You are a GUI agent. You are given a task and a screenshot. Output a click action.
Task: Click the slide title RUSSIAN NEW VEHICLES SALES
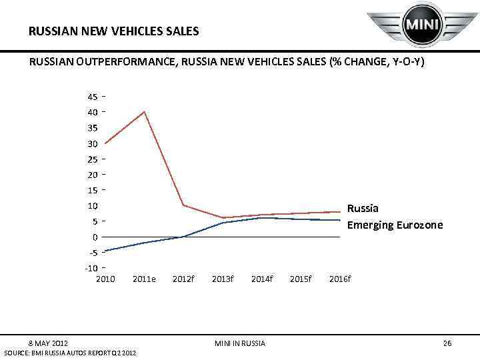click(x=114, y=31)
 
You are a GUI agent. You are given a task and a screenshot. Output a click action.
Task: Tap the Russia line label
click(x=363, y=208)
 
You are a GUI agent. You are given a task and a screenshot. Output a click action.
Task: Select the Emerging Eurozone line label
click(x=395, y=225)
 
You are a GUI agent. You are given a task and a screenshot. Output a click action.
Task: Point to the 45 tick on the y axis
click(x=92, y=96)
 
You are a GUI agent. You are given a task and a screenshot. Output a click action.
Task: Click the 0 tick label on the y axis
click(x=95, y=237)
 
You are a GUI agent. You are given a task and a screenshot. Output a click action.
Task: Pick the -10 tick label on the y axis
click(x=91, y=268)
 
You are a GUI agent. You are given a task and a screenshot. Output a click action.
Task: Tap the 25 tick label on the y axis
click(x=92, y=159)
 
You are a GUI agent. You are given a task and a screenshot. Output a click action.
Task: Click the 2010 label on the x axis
click(x=105, y=278)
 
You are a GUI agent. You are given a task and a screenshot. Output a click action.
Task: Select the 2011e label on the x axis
click(x=145, y=278)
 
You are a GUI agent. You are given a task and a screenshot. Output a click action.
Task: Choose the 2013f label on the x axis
click(x=223, y=278)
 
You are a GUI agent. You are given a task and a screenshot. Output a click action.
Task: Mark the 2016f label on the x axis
click(x=340, y=278)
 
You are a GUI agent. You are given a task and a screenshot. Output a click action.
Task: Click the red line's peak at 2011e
click(x=145, y=111)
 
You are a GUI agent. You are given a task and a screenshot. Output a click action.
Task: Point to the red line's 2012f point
click(x=183, y=205)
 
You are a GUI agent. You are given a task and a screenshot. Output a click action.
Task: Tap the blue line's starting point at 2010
click(x=105, y=251)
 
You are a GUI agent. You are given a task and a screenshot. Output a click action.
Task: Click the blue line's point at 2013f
click(x=223, y=223)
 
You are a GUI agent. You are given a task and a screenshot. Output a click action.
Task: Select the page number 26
click(x=447, y=343)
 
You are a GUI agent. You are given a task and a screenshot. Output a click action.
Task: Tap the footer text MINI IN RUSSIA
click(x=240, y=343)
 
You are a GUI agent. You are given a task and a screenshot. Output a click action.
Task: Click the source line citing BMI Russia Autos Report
click(x=70, y=352)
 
